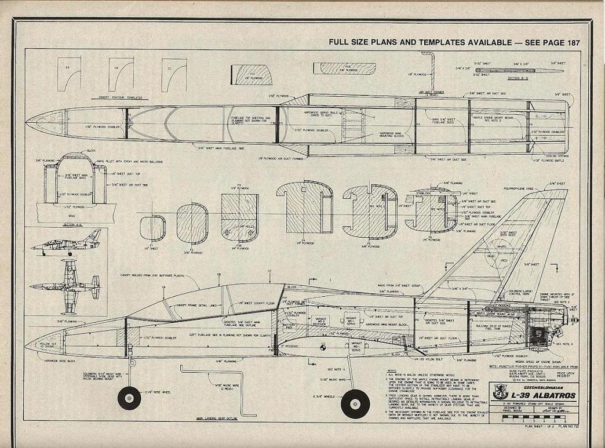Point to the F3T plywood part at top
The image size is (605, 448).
[x=252, y=75]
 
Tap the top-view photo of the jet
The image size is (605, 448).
[x=67, y=285]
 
